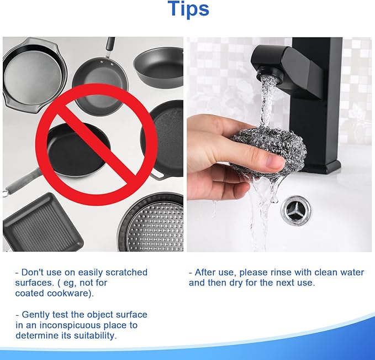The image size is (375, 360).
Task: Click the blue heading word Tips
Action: click(188, 9)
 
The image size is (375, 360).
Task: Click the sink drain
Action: click(296, 211)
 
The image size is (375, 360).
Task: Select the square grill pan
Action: click(43, 222)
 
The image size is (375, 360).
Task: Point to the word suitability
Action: click(95, 336)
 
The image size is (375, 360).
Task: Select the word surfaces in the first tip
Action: click(34, 283)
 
